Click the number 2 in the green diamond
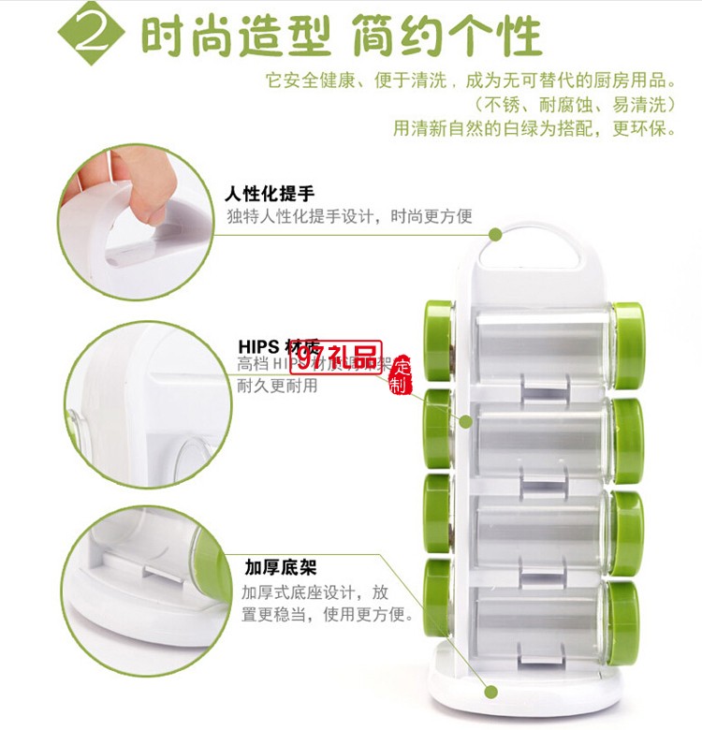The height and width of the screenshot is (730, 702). click(93, 38)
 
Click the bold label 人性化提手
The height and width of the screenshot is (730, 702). click(269, 195)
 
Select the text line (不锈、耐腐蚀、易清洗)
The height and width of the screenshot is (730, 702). click(573, 104)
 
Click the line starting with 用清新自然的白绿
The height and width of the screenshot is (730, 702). click(534, 128)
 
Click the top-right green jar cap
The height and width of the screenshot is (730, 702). click(628, 332)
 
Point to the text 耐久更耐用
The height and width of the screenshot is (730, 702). click(278, 386)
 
